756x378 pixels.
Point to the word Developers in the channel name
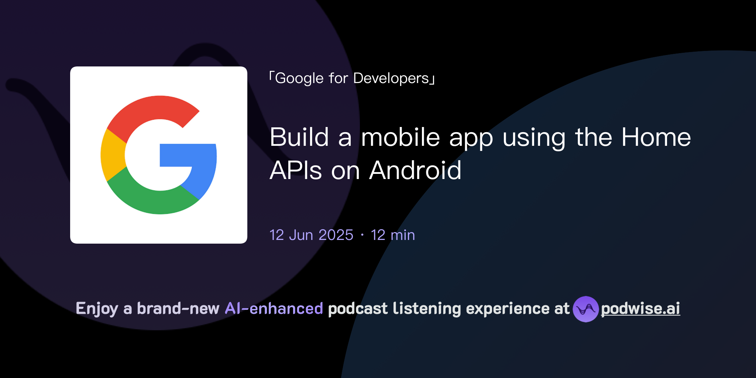coord(391,78)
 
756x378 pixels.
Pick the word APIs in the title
coord(296,171)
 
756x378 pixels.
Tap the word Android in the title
coord(415,171)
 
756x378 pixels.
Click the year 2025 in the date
coord(336,235)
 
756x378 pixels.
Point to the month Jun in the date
coord(301,235)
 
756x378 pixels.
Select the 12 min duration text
coord(393,235)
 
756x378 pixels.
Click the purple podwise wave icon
coord(585,309)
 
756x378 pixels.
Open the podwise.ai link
coord(640,309)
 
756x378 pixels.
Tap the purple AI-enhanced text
coord(274,309)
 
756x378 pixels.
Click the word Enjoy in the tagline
coord(97,309)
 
